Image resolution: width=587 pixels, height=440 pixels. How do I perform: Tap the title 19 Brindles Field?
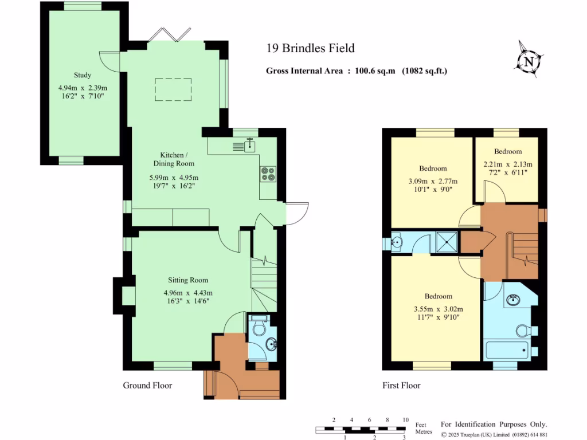(x=310, y=48)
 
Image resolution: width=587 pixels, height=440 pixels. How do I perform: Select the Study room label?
(x=83, y=75)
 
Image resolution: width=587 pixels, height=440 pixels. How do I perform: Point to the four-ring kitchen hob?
(x=268, y=174)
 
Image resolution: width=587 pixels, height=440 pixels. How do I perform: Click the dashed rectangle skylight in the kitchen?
(x=173, y=89)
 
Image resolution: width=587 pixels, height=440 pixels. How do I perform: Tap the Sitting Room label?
(x=188, y=280)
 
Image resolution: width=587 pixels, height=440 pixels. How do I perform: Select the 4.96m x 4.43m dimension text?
(x=188, y=293)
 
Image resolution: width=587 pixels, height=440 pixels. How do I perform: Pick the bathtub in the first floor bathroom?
(x=507, y=350)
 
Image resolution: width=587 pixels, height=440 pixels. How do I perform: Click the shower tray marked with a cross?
(x=447, y=242)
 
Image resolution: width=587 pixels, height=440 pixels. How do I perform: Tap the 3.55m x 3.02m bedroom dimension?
(x=439, y=309)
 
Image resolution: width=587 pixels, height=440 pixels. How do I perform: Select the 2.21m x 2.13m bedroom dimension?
(x=508, y=164)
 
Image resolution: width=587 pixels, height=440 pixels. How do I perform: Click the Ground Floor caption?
(x=147, y=386)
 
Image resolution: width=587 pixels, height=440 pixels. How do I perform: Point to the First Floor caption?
(x=401, y=386)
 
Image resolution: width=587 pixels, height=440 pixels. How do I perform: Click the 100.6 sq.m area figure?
(x=375, y=70)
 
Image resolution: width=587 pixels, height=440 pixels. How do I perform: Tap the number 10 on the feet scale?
(x=405, y=420)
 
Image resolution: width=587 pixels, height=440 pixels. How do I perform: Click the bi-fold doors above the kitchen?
(x=170, y=35)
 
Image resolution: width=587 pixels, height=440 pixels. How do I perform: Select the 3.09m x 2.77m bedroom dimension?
(x=433, y=181)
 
